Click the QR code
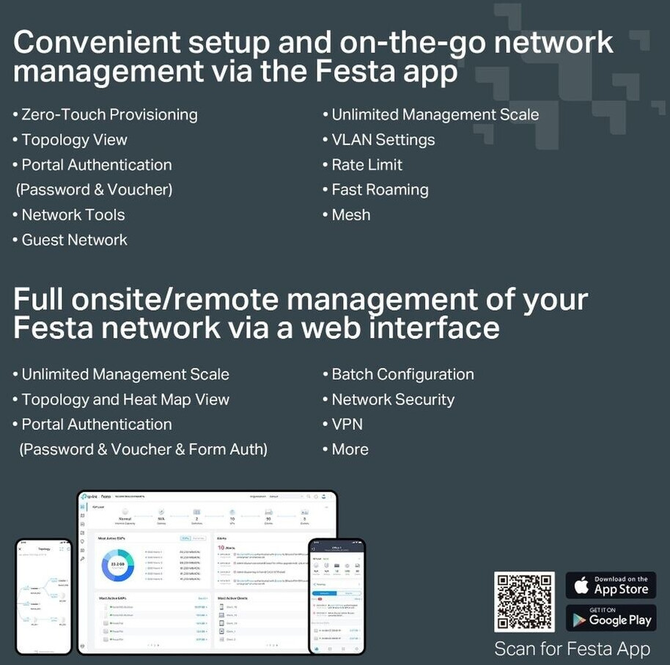(x=524, y=601)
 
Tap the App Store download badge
(x=611, y=585)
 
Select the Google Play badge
(x=611, y=618)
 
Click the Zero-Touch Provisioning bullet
(x=109, y=114)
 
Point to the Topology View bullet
(x=74, y=139)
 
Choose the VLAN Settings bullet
(x=383, y=139)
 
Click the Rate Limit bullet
(x=367, y=164)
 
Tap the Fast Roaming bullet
(x=380, y=189)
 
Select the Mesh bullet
(x=350, y=215)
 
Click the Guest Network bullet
(x=74, y=240)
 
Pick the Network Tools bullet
(x=73, y=215)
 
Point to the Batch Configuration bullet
(x=402, y=374)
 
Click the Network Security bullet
(x=393, y=400)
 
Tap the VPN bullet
(x=347, y=425)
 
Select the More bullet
(x=350, y=449)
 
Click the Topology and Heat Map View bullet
(x=125, y=400)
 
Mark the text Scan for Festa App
(x=572, y=649)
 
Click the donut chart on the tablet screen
(x=117, y=565)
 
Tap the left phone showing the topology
(x=43, y=595)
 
